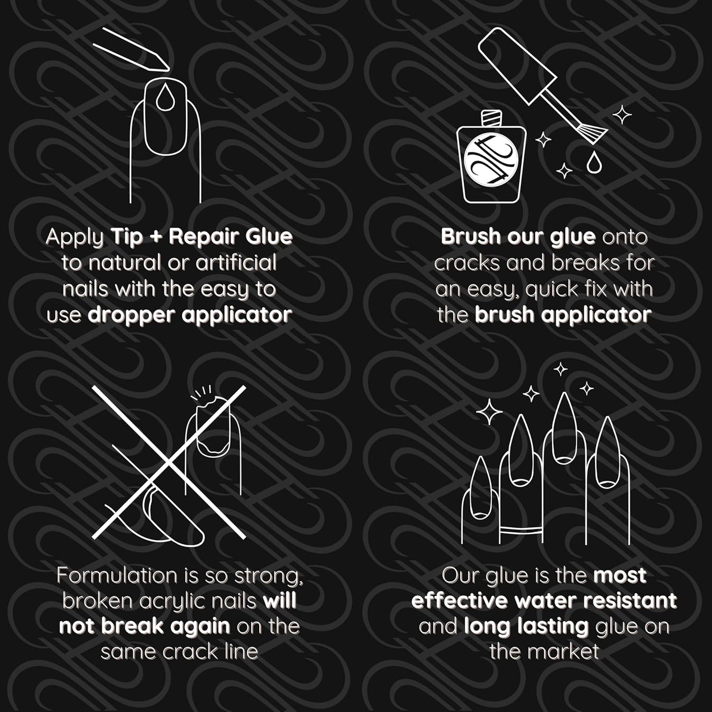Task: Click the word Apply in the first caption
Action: (x=74, y=237)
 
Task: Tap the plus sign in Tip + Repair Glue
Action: (x=155, y=237)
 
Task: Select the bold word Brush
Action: (x=468, y=237)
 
